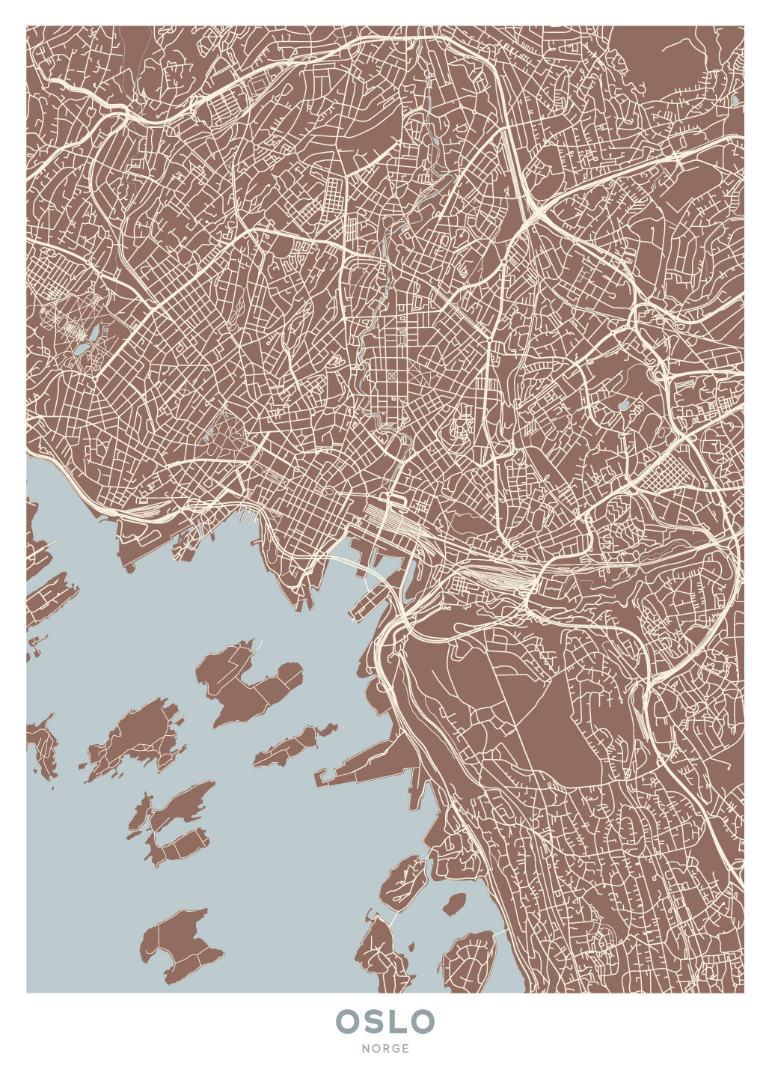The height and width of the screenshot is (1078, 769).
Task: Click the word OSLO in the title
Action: click(385, 1021)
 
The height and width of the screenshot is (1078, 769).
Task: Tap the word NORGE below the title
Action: click(385, 1049)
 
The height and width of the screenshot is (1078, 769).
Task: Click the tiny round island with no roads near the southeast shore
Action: click(454, 904)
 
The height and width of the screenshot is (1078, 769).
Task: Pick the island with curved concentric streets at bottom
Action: click(469, 961)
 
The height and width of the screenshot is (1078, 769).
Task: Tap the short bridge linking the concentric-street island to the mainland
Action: click(500, 932)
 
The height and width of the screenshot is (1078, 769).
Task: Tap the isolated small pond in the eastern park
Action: click(623, 405)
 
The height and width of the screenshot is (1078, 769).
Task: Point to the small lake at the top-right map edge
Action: click(735, 99)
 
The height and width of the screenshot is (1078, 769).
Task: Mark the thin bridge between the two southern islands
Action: click(388, 916)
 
